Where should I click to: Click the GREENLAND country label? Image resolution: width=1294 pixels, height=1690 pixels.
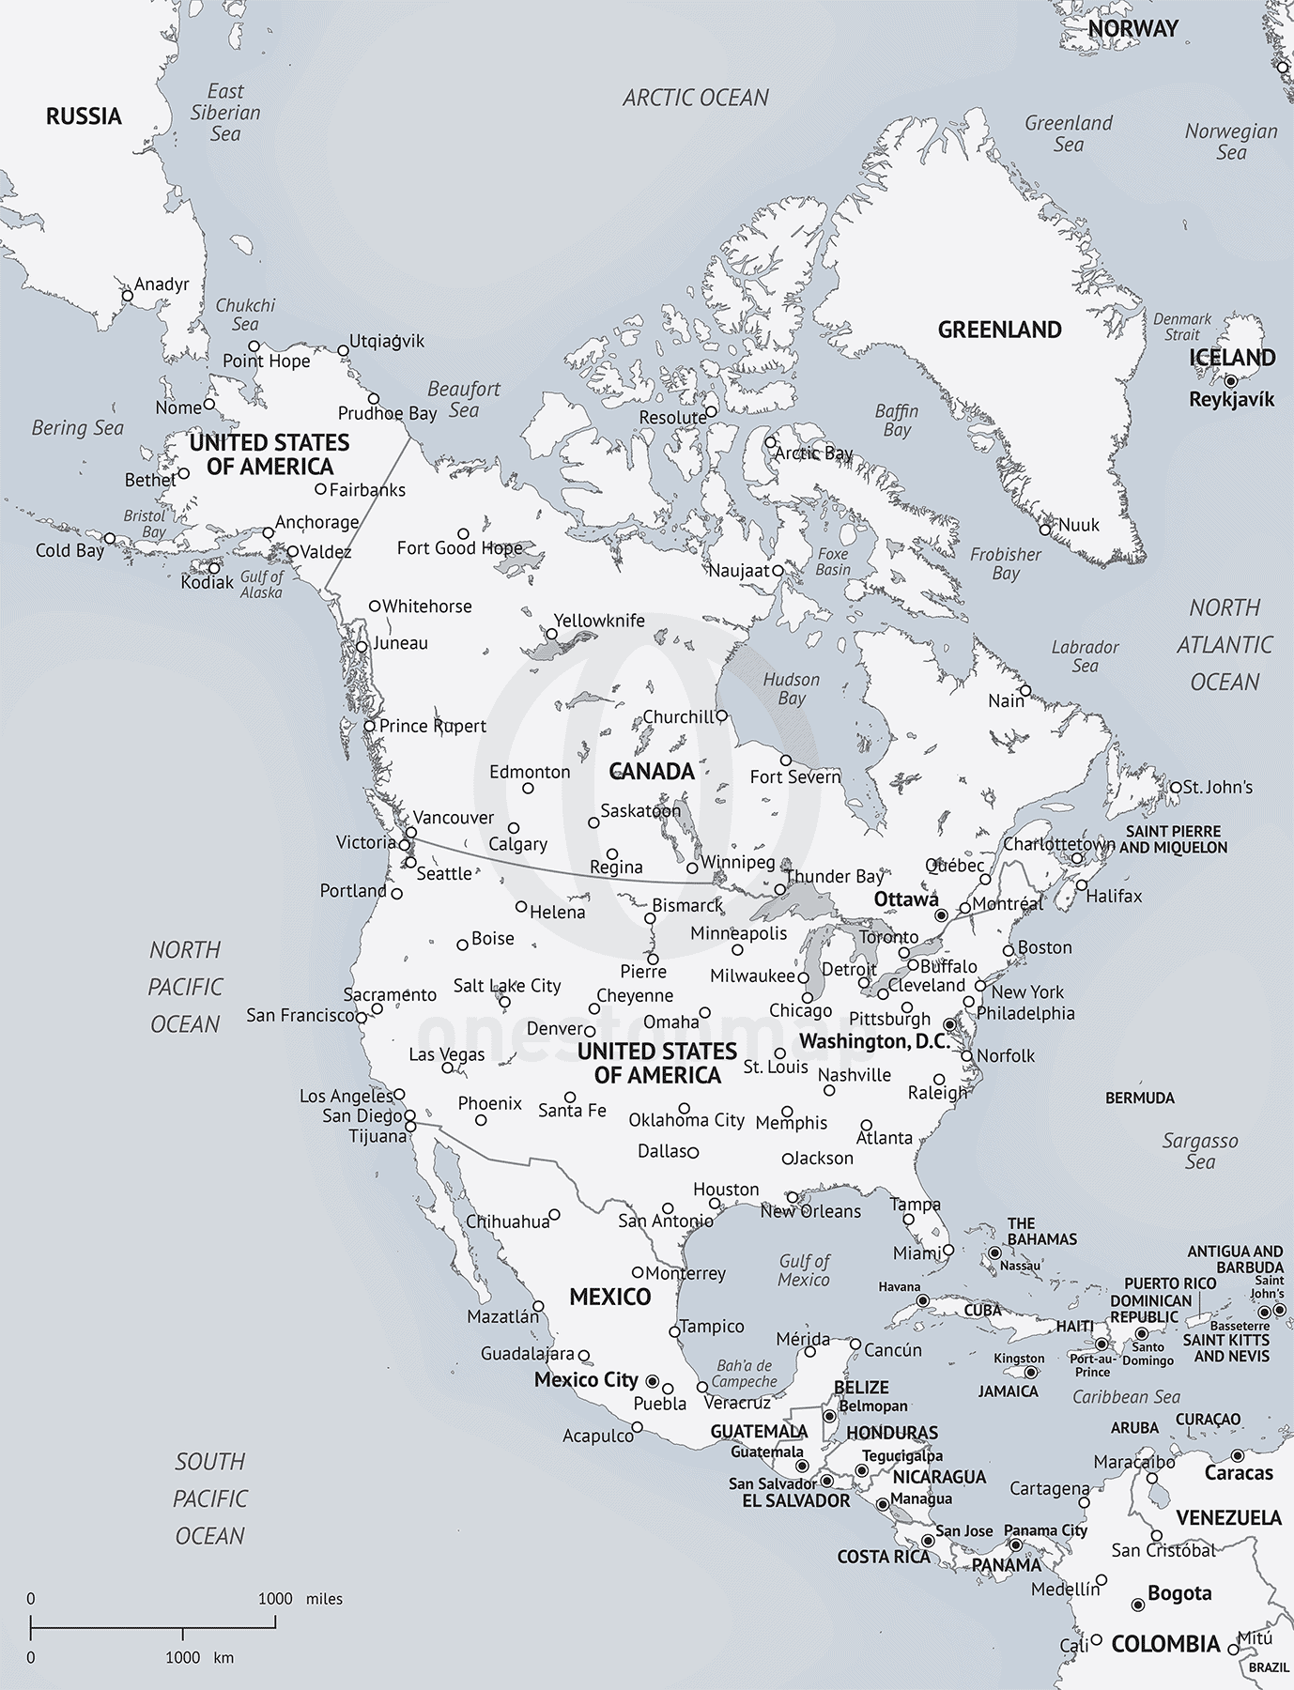click(x=1000, y=330)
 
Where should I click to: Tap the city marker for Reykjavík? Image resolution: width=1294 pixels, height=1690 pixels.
click(x=1230, y=381)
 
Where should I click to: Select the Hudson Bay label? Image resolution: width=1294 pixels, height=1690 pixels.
click(x=791, y=688)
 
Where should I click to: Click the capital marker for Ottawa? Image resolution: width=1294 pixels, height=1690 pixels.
click(x=941, y=914)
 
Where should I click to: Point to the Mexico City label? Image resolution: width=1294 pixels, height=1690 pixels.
click(x=586, y=1379)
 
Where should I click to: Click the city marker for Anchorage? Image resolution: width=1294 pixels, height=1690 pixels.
click(x=268, y=533)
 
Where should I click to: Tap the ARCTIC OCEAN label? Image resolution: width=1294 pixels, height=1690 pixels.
click(x=695, y=98)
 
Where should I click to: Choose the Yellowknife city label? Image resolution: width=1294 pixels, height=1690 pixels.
click(x=599, y=621)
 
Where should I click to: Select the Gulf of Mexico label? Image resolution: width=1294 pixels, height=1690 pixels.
click(x=804, y=1270)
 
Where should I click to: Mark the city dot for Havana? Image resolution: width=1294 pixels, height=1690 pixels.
click(x=922, y=1300)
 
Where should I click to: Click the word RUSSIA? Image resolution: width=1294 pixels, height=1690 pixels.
click(x=84, y=115)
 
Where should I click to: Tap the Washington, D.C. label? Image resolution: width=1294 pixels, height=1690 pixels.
click(x=874, y=1041)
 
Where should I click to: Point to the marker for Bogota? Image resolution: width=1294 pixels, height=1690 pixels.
click(x=1138, y=1605)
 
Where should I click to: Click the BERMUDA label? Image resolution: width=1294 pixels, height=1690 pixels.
click(x=1139, y=1098)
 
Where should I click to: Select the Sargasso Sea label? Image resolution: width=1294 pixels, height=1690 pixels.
click(x=1200, y=1151)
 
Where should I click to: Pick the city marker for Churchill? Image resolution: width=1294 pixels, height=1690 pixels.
click(x=721, y=715)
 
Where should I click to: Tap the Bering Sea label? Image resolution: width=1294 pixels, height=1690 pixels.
click(x=77, y=428)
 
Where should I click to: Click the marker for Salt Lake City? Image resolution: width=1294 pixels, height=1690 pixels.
click(x=505, y=1002)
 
